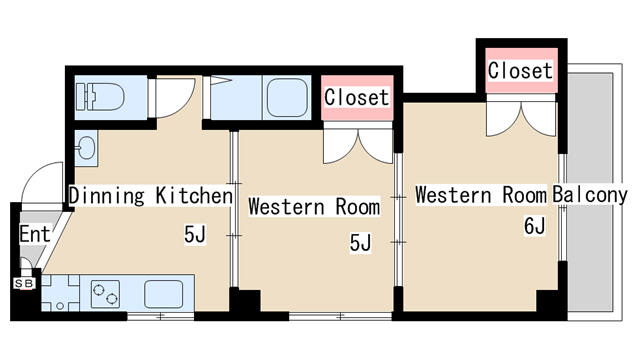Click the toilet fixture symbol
(100, 97)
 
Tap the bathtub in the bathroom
(287, 98)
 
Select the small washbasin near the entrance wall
(86, 148)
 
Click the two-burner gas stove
(105, 294)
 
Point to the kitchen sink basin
(163, 294)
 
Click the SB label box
(24, 283)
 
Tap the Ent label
(35, 234)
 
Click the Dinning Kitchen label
(151, 196)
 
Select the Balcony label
(590, 195)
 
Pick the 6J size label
(535, 226)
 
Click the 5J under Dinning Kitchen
(195, 234)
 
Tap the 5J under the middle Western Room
(360, 243)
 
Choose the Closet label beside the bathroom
(357, 97)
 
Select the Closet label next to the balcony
(520, 70)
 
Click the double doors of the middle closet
(358, 146)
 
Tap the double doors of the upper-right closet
(521, 118)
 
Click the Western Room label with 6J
(481, 195)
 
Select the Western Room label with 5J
(314, 206)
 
